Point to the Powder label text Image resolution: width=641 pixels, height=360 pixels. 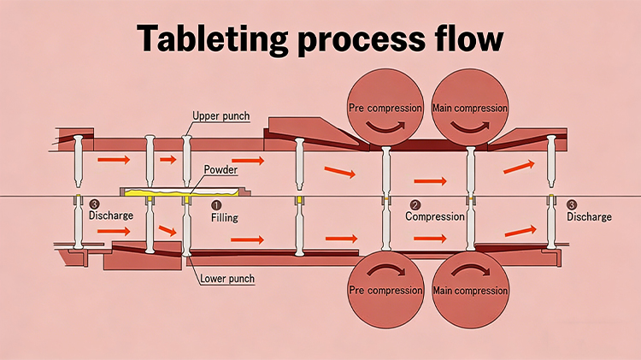[x=221, y=169]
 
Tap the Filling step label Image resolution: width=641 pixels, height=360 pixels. [x=224, y=217]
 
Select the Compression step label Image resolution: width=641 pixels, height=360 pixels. [x=434, y=216]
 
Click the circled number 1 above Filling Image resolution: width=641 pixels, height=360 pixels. [x=216, y=205]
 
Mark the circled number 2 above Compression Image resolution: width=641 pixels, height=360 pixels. [x=415, y=205]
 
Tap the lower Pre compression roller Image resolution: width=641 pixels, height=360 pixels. [x=384, y=291]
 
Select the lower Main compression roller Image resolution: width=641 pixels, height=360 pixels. [x=469, y=291]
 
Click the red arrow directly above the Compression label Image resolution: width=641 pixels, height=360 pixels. [x=430, y=181]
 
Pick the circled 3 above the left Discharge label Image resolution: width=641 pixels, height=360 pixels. [x=94, y=204]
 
